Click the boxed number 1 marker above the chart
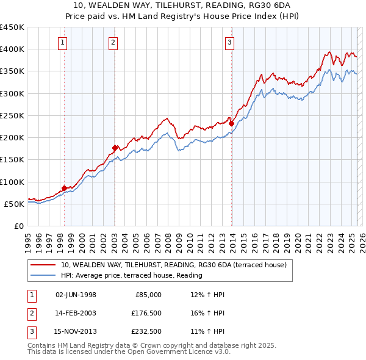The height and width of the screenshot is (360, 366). tap(63, 42)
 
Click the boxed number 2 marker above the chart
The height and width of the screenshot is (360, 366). tap(113, 42)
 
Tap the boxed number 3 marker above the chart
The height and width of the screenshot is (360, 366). tap(229, 42)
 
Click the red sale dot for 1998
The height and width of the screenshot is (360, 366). tap(64, 188)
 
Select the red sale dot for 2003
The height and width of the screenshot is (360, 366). tap(115, 147)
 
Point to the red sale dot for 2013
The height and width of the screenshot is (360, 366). tap(231, 123)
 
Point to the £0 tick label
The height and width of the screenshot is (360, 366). tap(19, 226)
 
